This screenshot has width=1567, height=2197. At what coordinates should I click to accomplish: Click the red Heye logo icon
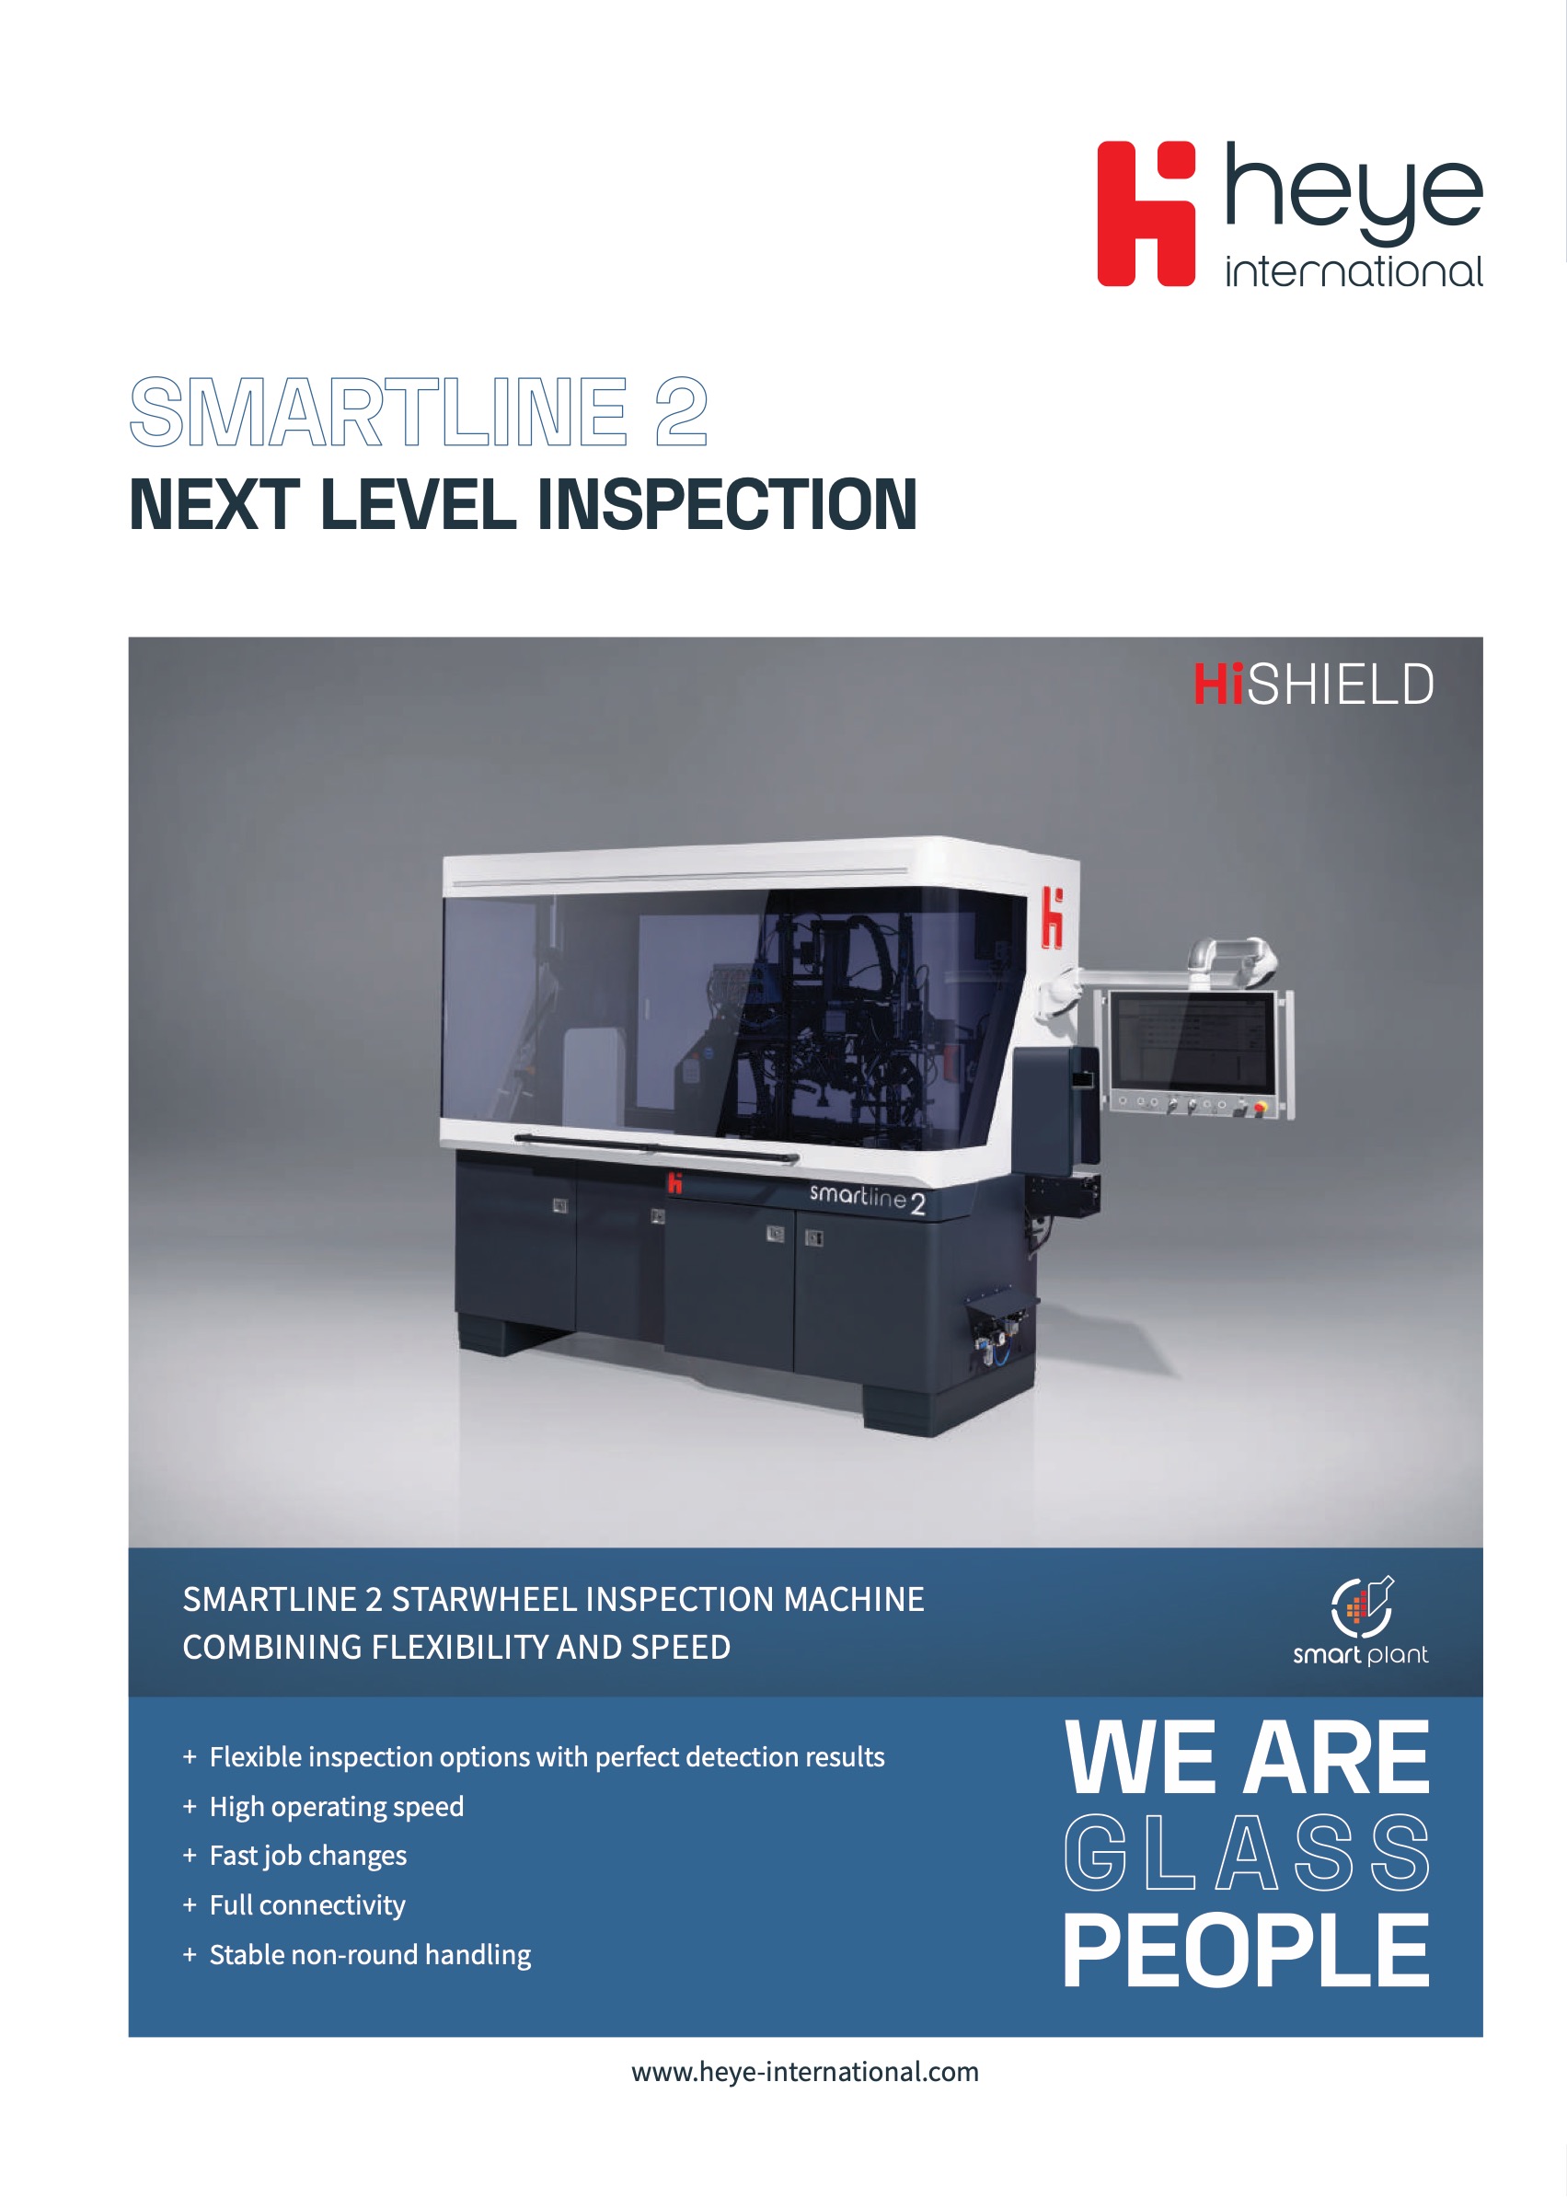[x=1146, y=213]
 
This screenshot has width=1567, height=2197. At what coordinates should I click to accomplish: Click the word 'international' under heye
[x=1354, y=271]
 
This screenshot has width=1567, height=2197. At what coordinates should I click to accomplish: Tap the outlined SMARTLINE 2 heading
[x=419, y=412]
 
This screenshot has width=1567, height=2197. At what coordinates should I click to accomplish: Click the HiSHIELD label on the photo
[x=1314, y=685]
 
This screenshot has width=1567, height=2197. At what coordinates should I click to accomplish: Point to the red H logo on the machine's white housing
[x=1052, y=918]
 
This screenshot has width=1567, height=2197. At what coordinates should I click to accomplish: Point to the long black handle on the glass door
[x=656, y=1146]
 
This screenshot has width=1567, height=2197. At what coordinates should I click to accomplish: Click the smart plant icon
[x=1362, y=1606]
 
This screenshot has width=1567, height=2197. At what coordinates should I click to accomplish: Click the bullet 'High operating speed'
[x=337, y=1806]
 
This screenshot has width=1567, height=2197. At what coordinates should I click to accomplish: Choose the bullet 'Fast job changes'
[x=308, y=1856]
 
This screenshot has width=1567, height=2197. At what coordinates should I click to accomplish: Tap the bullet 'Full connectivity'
[x=306, y=1904]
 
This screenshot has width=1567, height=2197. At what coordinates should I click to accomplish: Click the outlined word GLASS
[x=1247, y=1852]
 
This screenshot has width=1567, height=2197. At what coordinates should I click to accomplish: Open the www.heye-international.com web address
[x=806, y=2072]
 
